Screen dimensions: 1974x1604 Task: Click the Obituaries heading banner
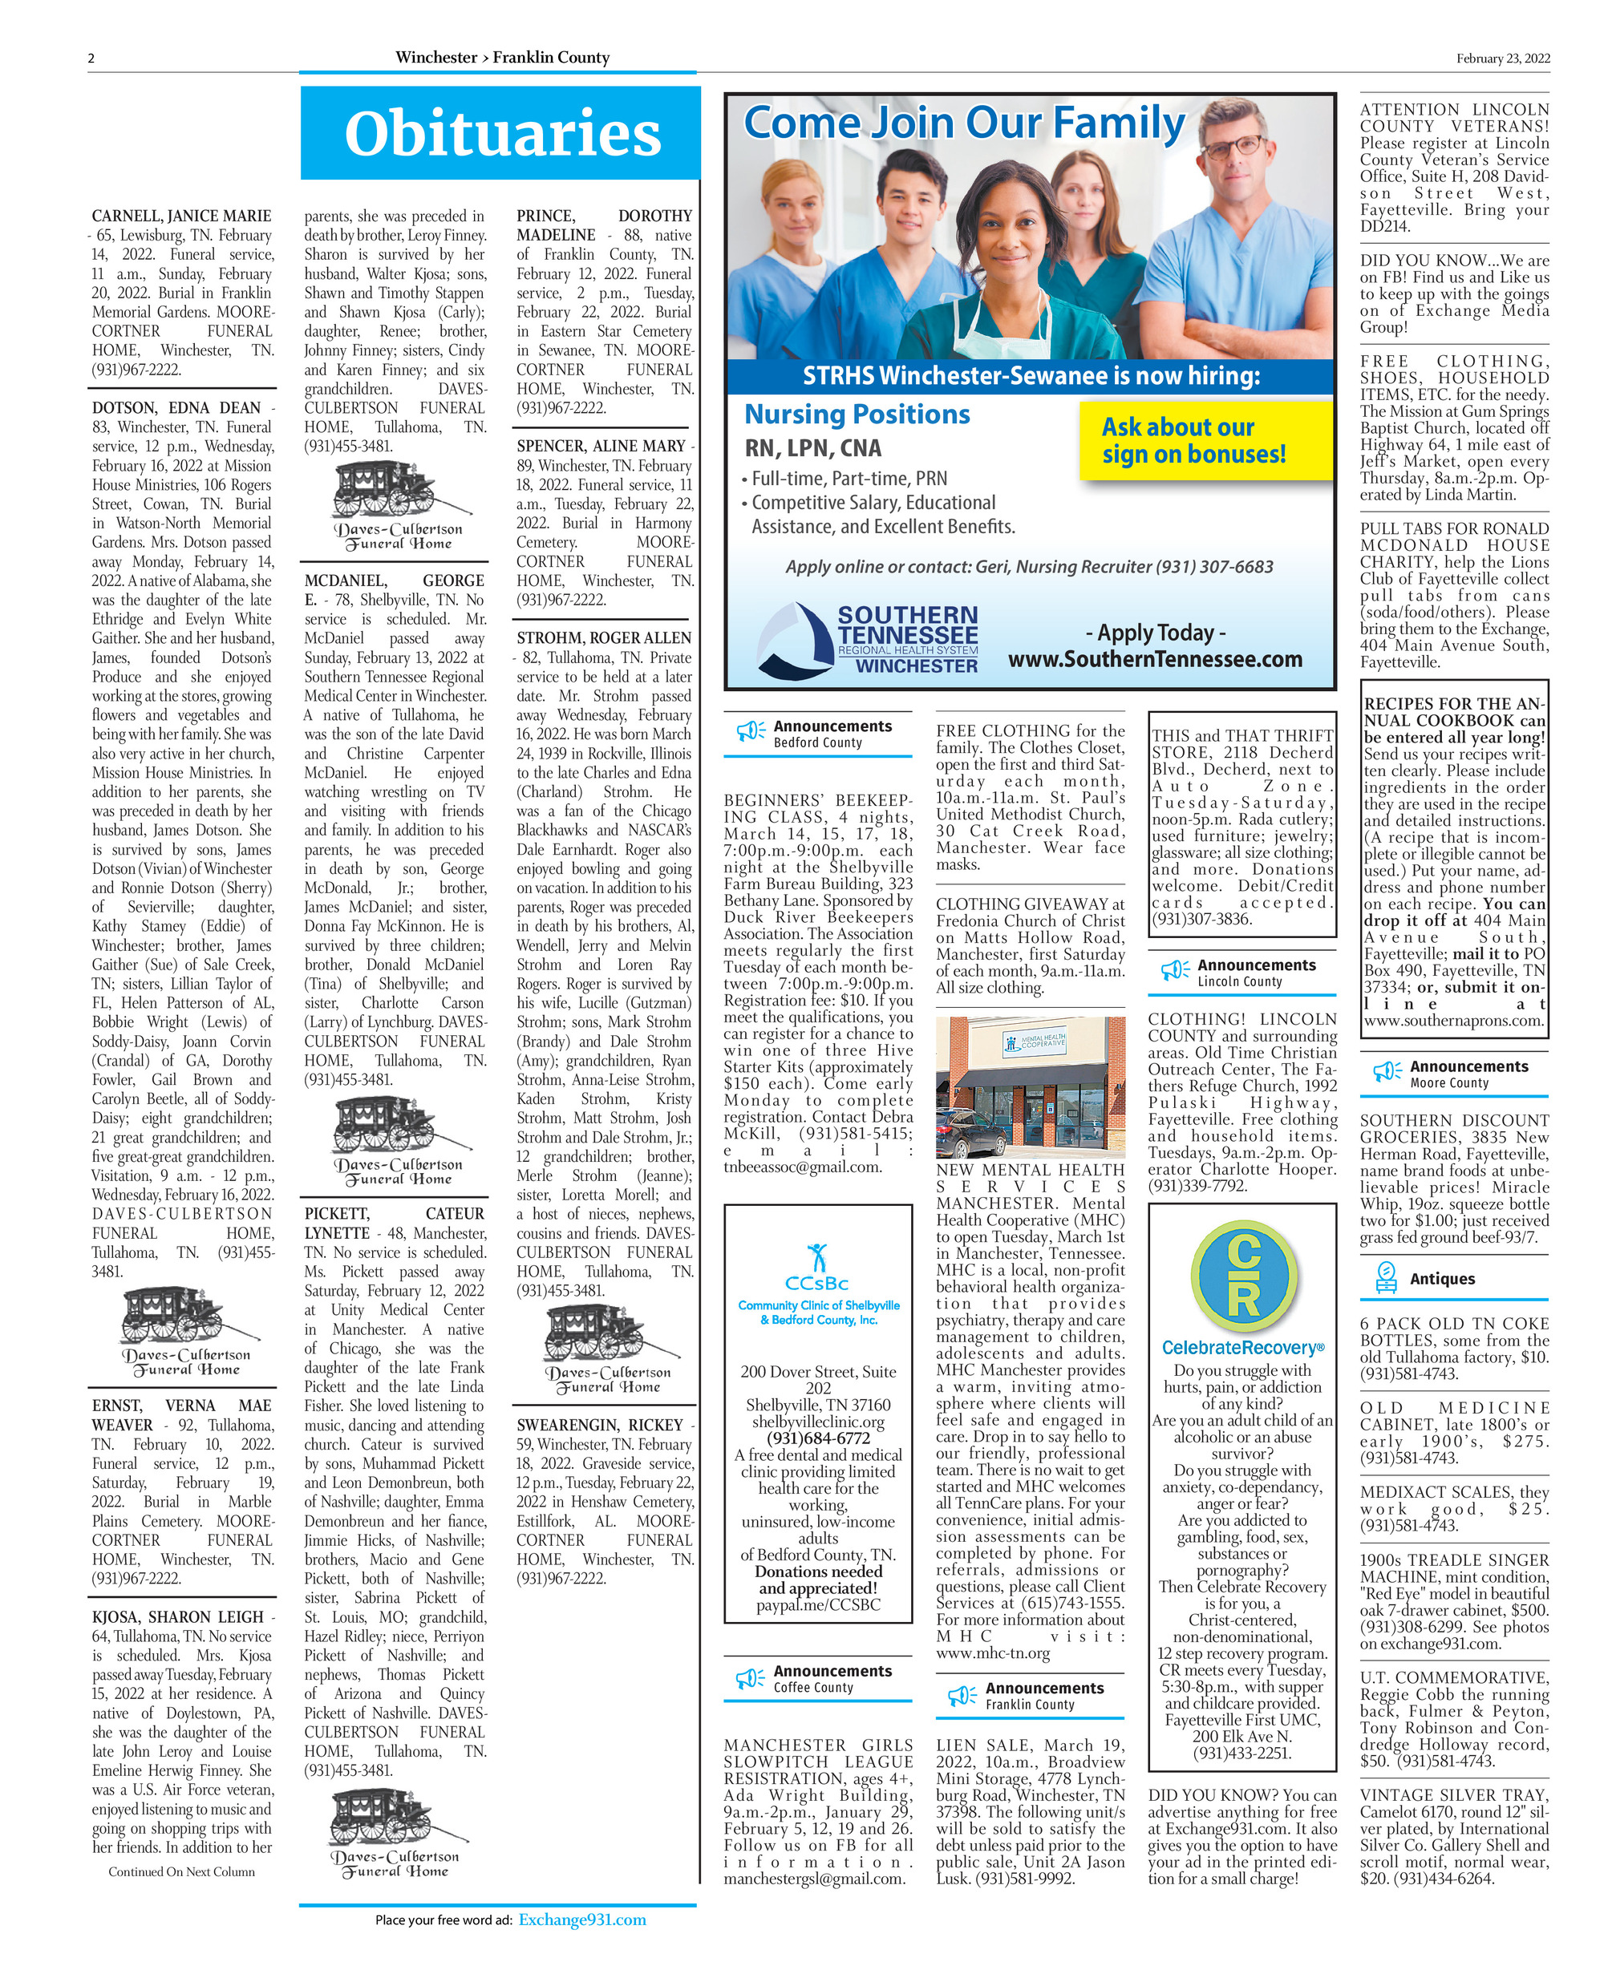500,133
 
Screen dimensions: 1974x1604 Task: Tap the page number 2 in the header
91,59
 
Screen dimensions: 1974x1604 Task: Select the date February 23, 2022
1502,59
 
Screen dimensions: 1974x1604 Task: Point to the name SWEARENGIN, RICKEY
600,1425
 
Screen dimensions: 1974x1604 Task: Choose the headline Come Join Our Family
964,123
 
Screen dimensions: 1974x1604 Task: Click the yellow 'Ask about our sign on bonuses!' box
1205,441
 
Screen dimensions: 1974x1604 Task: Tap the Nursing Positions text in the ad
857,414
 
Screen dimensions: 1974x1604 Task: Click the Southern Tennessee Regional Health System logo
867,638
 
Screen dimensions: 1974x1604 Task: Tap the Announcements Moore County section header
1453,1074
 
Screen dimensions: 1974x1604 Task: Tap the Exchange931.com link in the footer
582,1919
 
